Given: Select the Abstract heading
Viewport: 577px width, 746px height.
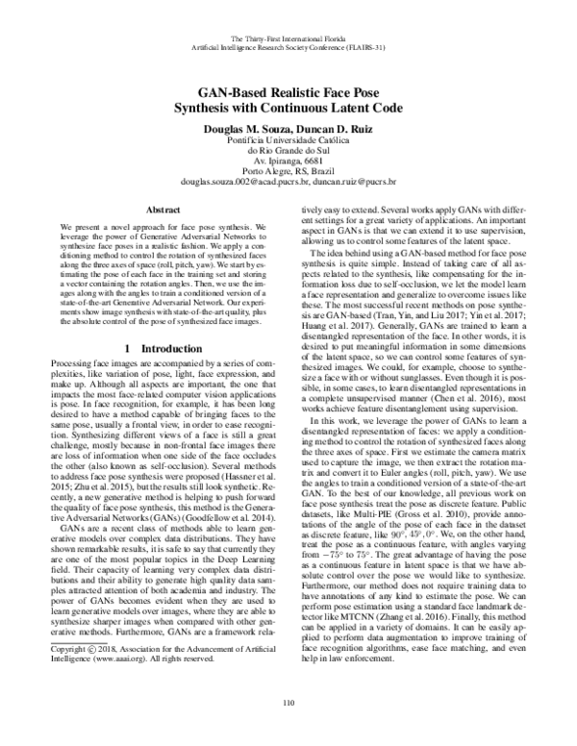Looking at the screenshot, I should [159, 207].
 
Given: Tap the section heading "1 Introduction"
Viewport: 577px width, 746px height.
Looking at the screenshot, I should [158, 345].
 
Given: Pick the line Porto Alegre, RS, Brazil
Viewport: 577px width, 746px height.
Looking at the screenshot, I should [288, 168].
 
